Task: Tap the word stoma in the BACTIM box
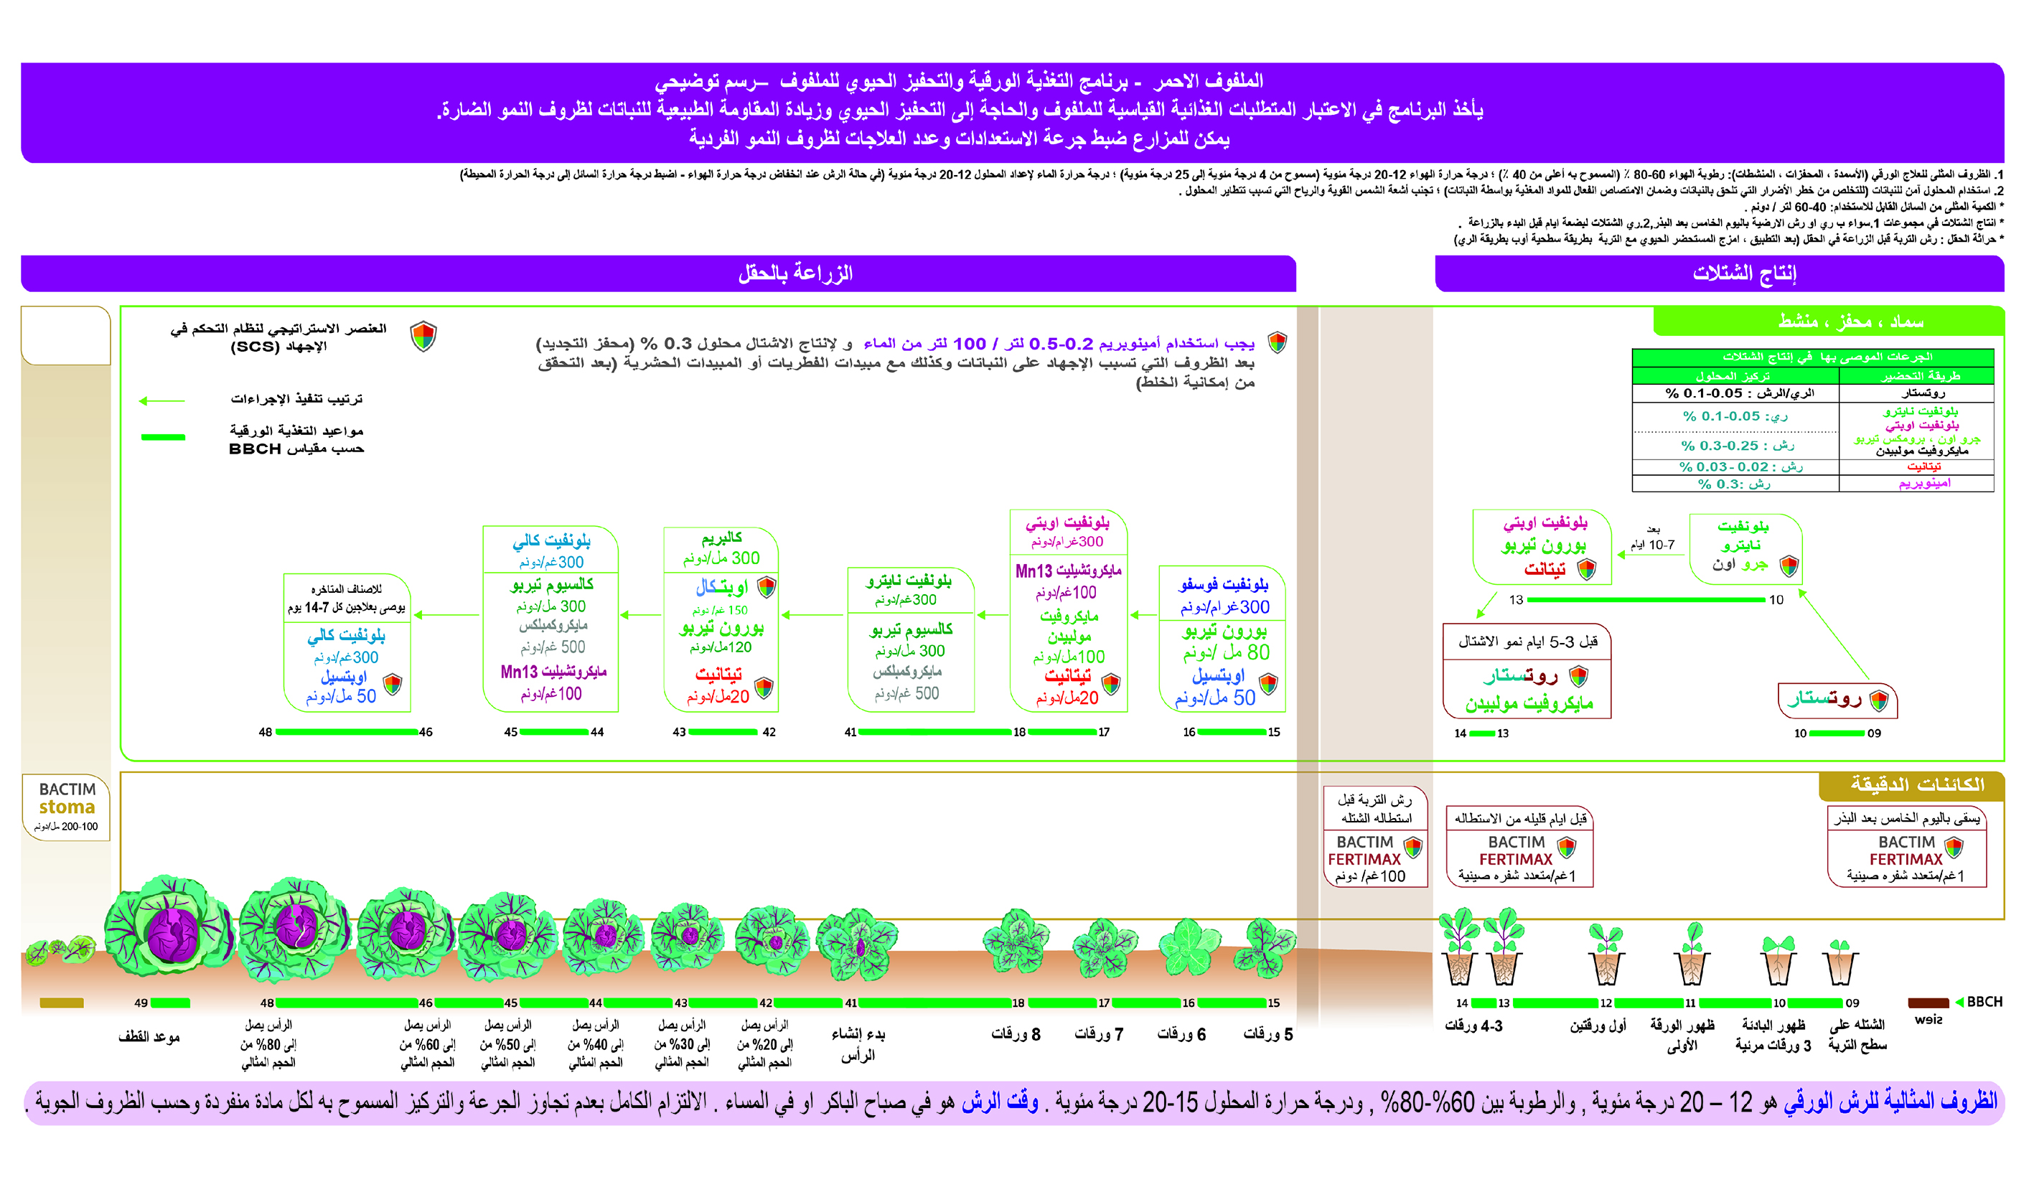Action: coord(67,807)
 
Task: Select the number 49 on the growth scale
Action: coord(141,1003)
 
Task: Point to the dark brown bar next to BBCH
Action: coord(1928,1003)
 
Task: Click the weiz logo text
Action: coord(1928,1020)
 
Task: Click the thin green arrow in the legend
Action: coord(162,400)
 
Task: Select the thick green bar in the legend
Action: coord(163,436)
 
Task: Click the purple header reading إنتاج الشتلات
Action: coord(1743,274)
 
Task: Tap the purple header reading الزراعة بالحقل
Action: coord(795,274)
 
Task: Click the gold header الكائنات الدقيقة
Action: coord(1916,784)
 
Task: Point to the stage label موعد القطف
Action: coord(149,1037)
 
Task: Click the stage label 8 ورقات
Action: coord(1016,1034)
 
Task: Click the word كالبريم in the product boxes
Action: coord(721,538)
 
